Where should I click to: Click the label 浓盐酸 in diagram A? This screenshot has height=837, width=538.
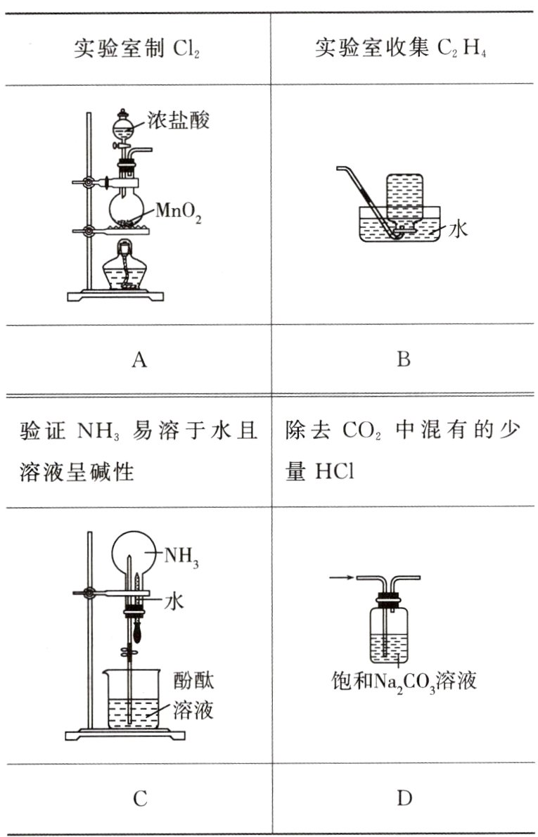tap(179, 121)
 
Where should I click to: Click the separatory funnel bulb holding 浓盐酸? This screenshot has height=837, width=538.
tap(124, 129)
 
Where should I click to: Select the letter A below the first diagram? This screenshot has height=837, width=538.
tap(139, 361)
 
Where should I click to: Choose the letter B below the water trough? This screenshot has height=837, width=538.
tap(403, 360)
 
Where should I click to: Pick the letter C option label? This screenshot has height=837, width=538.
tap(139, 798)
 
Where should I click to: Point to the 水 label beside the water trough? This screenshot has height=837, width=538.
tap(459, 229)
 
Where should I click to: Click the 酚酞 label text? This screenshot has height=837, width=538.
tap(193, 680)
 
